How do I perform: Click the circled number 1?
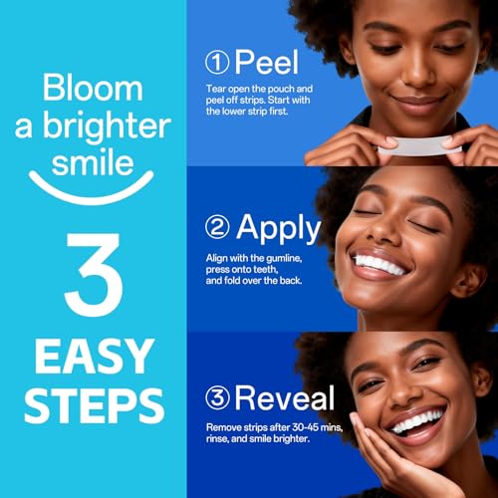(x=218, y=62)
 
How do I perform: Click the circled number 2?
(x=218, y=228)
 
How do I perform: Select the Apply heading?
(x=278, y=228)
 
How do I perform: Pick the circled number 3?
(x=218, y=398)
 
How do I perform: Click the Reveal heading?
(x=284, y=398)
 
